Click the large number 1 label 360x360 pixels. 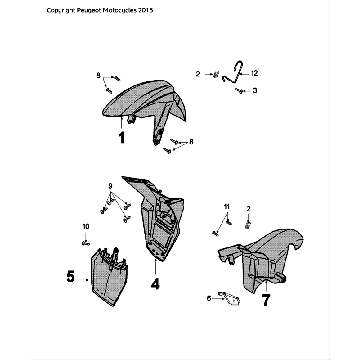(x=122, y=138)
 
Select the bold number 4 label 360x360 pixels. (x=155, y=283)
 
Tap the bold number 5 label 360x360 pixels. (x=70, y=276)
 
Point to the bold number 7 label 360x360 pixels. (x=266, y=301)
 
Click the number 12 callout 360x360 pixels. (x=254, y=73)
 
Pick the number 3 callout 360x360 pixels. (x=255, y=90)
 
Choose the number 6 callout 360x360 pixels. (x=209, y=299)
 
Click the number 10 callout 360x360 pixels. (x=86, y=227)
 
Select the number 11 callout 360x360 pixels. (x=227, y=207)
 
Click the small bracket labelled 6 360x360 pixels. (x=229, y=297)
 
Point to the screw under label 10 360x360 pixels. (x=86, y=243)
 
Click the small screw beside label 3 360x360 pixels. (x=239, y=90)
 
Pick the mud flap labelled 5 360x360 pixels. (x=109, y=276)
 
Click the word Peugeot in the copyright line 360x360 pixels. (x=88, y=10)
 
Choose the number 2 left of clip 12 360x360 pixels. (x=198, y=74)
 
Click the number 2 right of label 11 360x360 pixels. (x=248, y=209)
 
